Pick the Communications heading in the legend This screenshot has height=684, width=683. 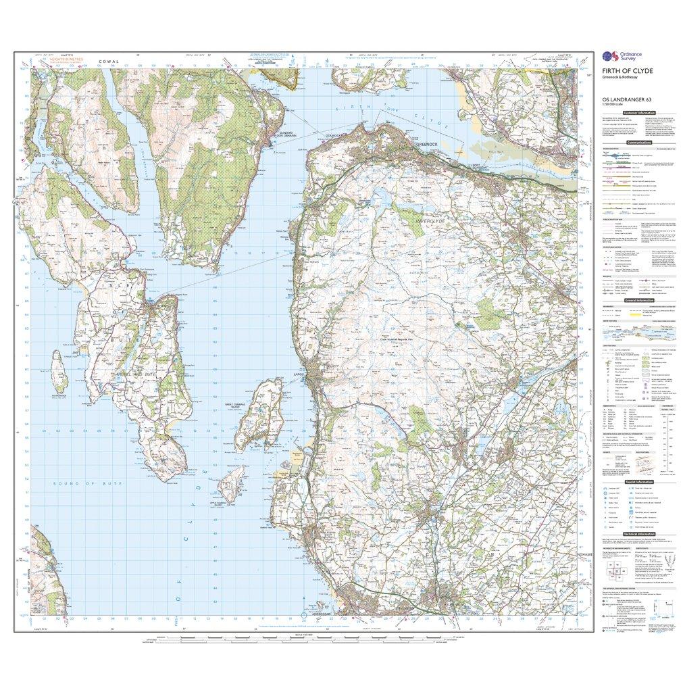point(638,143)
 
